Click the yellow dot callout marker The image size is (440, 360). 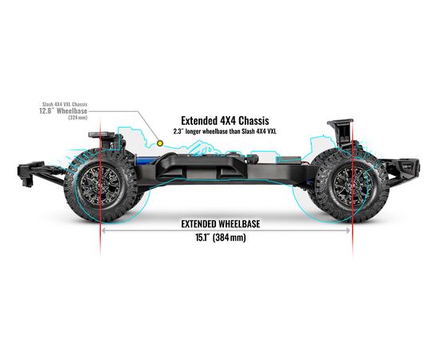pyautogui.click(x=160, y=143)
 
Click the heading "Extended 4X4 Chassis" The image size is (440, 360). pyautogui.click(x=225, y=121)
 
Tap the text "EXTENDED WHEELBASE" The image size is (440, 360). pyautogui.click(x=221, y=224)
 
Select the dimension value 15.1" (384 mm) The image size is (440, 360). pyautogui.click(x=221, y=238)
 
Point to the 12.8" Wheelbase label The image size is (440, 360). pyautogui.click(x=63, y=111)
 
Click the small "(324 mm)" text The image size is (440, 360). pyautogui.click(x=78, y=118)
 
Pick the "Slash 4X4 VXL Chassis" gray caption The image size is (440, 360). pyautogui.click(x=65, y=104)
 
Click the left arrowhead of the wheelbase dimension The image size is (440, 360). pyautogui.click(x=103, y=230)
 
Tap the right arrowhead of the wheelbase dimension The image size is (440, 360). pyautogui.click(x=348, y=230)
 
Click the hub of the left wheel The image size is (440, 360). pyautogui.click(x=100, y=186)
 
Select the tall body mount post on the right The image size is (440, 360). pyautogui.click(x=341, y=133)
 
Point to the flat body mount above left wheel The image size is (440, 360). pyautogui.click(x=102, y=135)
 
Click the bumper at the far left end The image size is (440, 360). pyautogui.click(x=30, y=174)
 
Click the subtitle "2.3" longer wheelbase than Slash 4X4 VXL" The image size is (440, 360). pyautogui.click(x=225, y=131)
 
